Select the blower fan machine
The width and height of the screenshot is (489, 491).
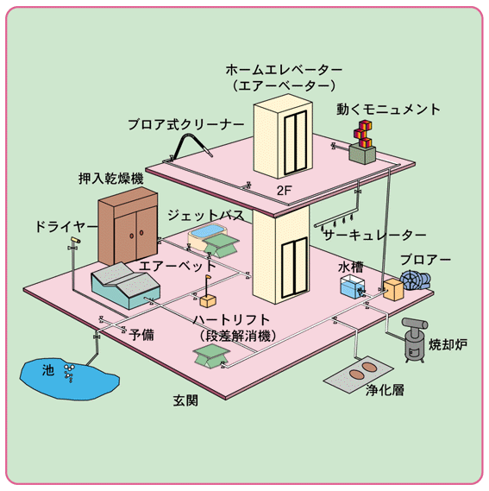click(x=416, y=280)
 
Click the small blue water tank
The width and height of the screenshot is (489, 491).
click(x=353, y=286)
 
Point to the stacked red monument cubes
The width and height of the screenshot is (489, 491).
click(x=362, y=134)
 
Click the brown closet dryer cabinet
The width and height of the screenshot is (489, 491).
click(x=128, y=226)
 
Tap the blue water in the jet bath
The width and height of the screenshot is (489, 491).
click(x=208, y=232)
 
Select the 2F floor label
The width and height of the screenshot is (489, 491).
click(x=285, y=191)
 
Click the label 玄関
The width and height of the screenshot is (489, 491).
click(x=185, y=400)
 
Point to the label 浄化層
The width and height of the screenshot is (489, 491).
click(x=385, y=390)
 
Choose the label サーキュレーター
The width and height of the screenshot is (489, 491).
click(x=374, y=235)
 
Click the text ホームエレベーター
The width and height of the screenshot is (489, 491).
click(x=284, y=70)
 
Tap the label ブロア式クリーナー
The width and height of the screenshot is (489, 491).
click(x=186, y=124)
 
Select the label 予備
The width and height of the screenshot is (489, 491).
click(x=141, y=335)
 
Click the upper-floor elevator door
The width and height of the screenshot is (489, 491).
click(x=295, y=142)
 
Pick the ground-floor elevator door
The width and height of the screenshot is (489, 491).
click(x=294, y=268)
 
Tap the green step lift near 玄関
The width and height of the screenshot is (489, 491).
click(x=211, y=356)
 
